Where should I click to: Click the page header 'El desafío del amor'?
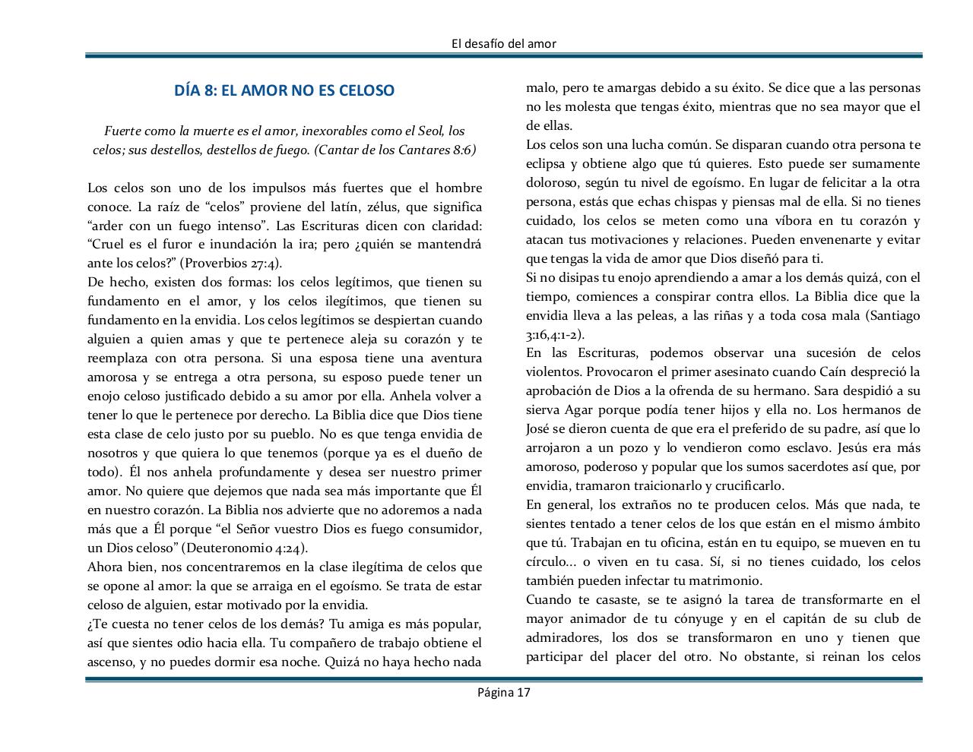tap(503, 44)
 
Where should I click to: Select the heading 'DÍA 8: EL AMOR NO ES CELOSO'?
tap(284, 90)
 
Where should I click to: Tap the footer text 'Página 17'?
tap(503, 692)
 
